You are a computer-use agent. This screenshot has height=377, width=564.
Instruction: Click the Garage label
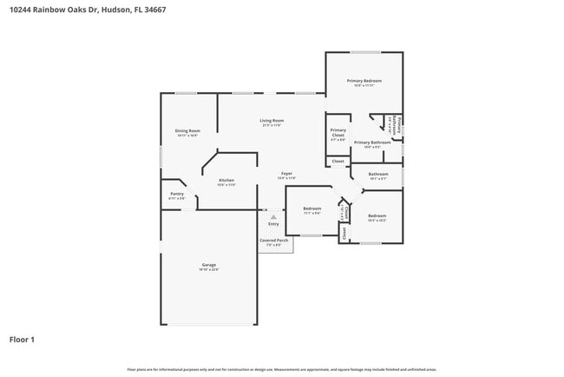pos(209,264)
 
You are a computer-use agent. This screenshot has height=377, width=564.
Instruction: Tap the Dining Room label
pos(187,131)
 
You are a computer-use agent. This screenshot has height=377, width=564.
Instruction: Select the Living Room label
pos(272,121)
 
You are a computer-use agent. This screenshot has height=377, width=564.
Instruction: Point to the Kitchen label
pos(226,181)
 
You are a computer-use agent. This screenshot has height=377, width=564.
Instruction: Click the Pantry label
pos(176,194)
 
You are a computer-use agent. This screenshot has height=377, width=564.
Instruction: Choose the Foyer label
pos(286,173)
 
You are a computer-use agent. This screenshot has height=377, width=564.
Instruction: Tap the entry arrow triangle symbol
pos(273,215)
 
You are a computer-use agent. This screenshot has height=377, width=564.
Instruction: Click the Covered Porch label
pos(274,240)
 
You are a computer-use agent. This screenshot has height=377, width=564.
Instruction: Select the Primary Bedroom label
pos(364,81)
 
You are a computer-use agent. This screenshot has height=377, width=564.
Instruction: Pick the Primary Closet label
pos(338,133)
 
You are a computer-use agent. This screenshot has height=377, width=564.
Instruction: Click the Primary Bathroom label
pos(372,142)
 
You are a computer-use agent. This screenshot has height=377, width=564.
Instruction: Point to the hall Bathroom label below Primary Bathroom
pos(377,174)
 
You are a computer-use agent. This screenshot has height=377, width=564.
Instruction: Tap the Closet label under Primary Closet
pos(338,161)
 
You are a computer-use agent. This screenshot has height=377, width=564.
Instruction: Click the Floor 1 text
pos(22,339)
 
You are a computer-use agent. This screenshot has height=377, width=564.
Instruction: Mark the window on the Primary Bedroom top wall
pos(364,52)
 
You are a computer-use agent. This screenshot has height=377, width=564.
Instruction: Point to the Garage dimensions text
pos(209,269)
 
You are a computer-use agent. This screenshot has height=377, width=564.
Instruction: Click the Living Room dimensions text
pos(272,126)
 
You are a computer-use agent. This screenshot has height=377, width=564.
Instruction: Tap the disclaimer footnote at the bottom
pos(281,368)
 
